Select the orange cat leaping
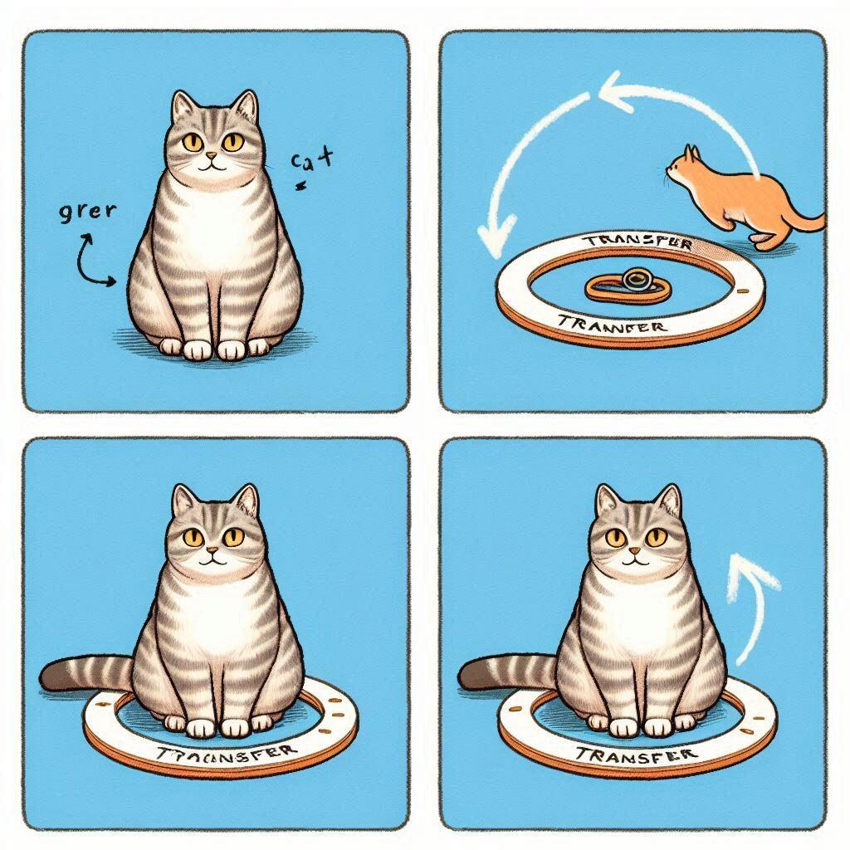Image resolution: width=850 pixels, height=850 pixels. pyautogui.click(x=739, y=195)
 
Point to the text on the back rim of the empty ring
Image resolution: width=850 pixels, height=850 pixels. pyautogui.click(x=637, y=242)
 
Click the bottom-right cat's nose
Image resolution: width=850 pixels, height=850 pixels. pyautogui.click(x=636, y=551)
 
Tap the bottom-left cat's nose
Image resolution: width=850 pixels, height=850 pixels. pyautogui.click(x=212, y=550)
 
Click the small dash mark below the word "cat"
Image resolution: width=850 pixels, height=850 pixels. pyautogui.click(x=301, y=187)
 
